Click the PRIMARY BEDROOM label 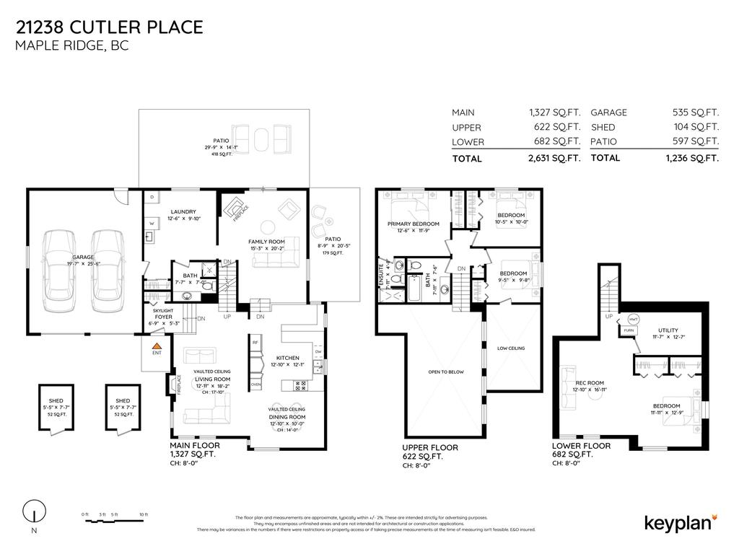pos(413,224)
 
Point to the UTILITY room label pos(668,330)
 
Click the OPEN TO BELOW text pos(445,371)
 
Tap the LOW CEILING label pos(511,348)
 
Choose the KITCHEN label pos(287,358)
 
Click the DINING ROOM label pos(287,417)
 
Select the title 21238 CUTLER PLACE pos(109,27)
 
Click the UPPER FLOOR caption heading pos(430,448)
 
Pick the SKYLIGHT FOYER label pos(163,311)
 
